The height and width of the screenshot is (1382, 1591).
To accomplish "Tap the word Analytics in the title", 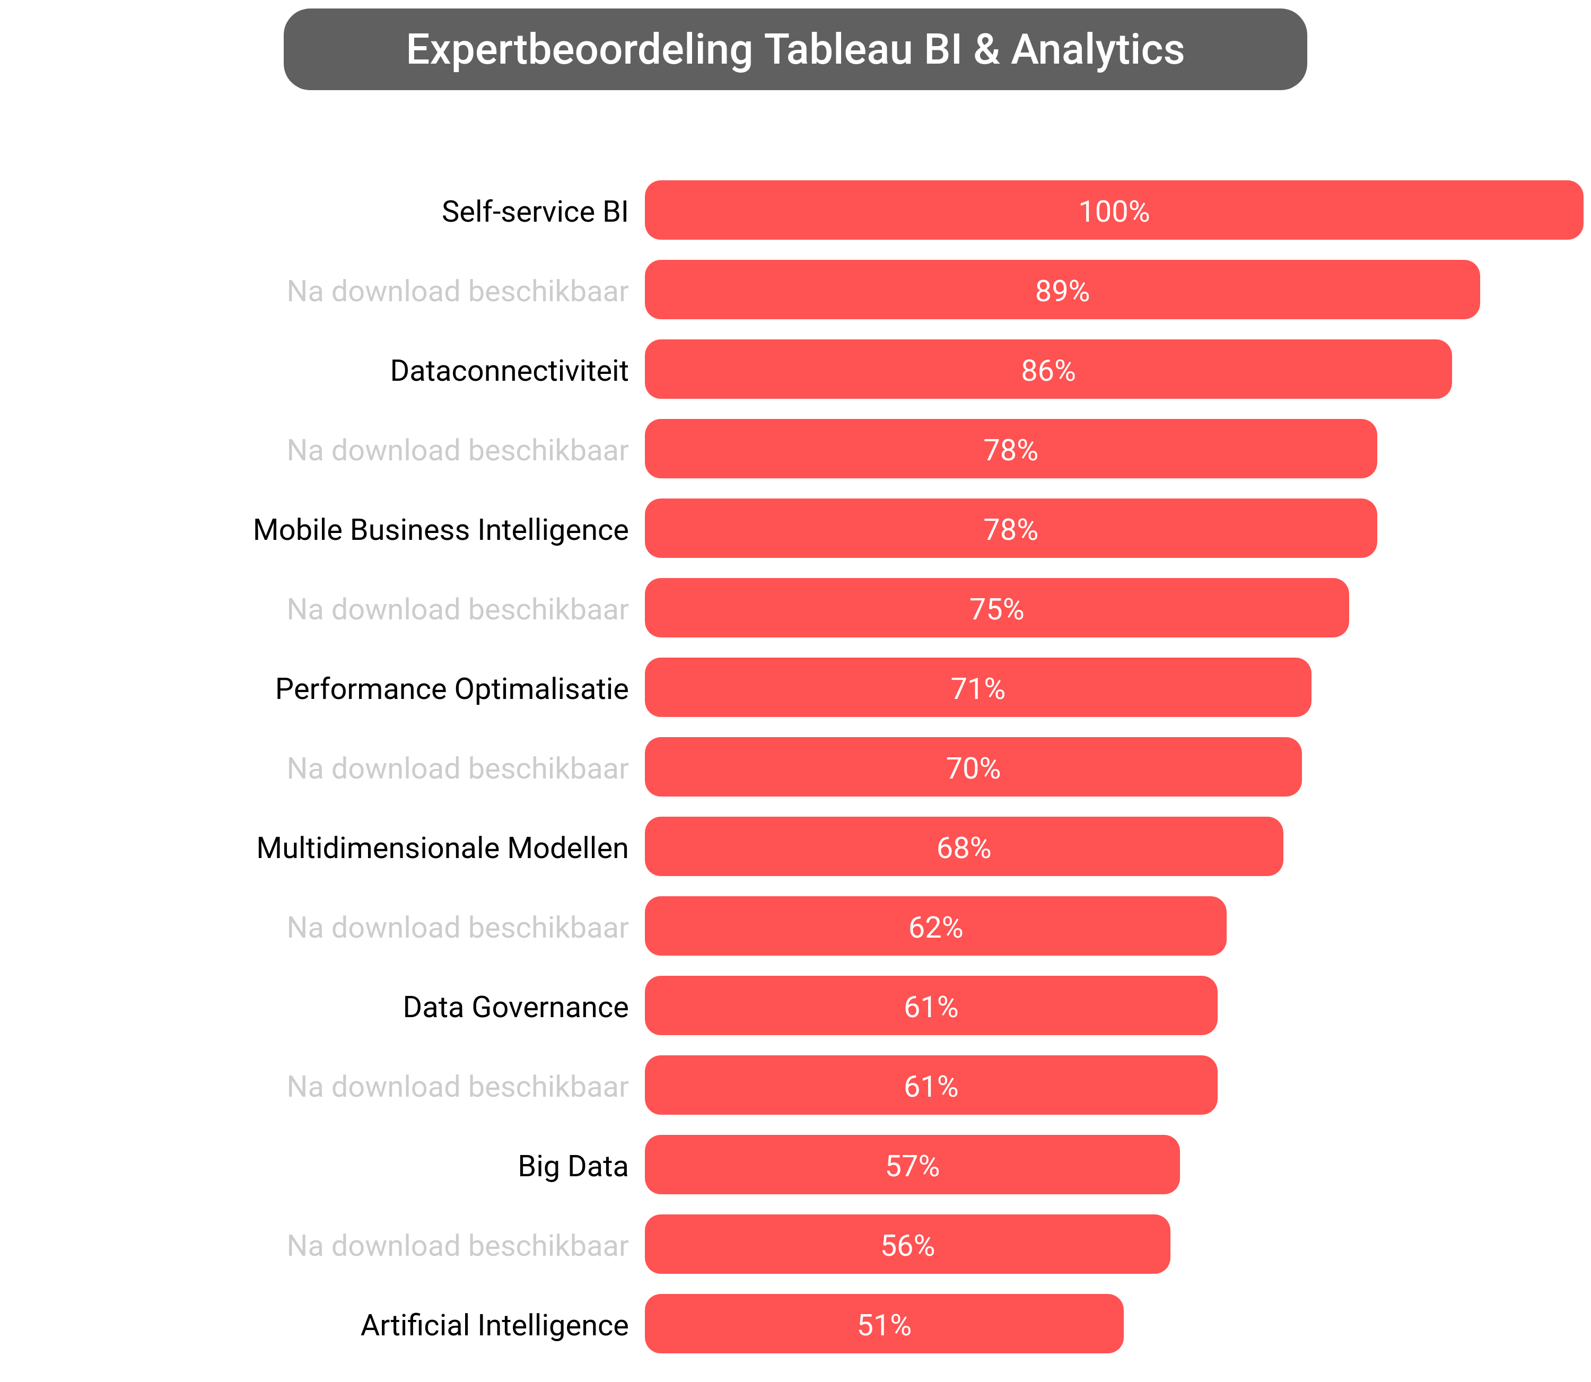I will coord(1097,50).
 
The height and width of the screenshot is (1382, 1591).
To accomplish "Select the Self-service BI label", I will coord(535,211).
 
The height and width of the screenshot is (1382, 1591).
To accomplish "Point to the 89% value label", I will coord(1062,291).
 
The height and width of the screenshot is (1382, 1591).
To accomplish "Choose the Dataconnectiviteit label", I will coord(509,371).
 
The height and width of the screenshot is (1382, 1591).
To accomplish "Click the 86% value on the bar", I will coord(1048,371).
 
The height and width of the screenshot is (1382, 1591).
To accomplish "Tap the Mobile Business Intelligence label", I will coord(440,530).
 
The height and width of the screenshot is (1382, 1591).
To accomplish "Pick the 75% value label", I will coord(996,609).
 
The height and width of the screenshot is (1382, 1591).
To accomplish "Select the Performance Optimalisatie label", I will coord(451,689).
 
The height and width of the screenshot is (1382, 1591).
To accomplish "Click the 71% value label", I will coord(977,689).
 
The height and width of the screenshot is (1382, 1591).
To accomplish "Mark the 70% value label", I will coord(973,768).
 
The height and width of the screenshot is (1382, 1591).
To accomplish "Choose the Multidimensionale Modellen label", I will coord(442,847).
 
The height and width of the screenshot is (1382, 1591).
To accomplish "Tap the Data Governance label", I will coord(515,1007).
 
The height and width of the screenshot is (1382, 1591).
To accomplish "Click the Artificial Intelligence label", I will coord(494,1325).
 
